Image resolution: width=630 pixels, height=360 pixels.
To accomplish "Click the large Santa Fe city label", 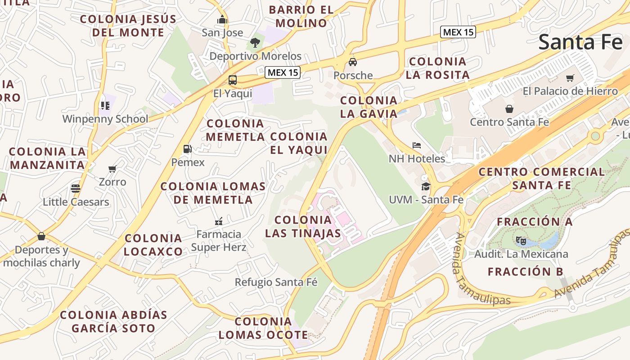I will coord(580,42).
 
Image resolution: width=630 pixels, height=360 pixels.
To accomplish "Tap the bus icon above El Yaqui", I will coord(233,81).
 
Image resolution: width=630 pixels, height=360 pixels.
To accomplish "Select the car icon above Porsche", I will coord(353,62).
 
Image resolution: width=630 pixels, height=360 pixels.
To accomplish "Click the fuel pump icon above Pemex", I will coord(188,149).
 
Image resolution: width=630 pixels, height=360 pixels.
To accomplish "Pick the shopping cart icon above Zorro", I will coord(112,169).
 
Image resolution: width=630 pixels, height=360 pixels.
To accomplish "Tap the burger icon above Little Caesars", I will coord(76,189).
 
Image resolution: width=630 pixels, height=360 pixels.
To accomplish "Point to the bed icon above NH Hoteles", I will coord(417,145).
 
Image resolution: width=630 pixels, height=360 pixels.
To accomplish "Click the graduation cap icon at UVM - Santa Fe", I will coord(426,186).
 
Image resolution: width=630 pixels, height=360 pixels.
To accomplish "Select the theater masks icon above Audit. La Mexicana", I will coord(521,241).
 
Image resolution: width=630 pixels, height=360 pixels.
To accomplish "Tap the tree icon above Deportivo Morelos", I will coord(255,43).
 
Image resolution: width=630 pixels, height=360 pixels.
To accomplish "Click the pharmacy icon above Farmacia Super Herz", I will coord(219,221).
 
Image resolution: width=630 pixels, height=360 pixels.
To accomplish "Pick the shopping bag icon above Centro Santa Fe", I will coord(509,109).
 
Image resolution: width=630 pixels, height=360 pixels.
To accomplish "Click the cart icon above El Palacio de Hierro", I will coord(570,78).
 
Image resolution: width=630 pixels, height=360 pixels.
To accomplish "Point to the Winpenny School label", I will coord(105,119).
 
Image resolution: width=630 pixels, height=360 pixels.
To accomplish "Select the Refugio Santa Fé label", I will coord(276,282).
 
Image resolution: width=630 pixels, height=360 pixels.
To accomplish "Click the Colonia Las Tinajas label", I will coord(303,226).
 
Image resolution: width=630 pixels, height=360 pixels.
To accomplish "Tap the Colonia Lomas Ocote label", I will coord(263,328).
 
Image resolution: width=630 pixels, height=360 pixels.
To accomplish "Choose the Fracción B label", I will coord(526,271).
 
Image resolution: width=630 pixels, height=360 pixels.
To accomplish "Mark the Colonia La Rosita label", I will coord(437,68).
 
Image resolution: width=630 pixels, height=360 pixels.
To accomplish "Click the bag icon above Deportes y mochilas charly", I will coord(41,236).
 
